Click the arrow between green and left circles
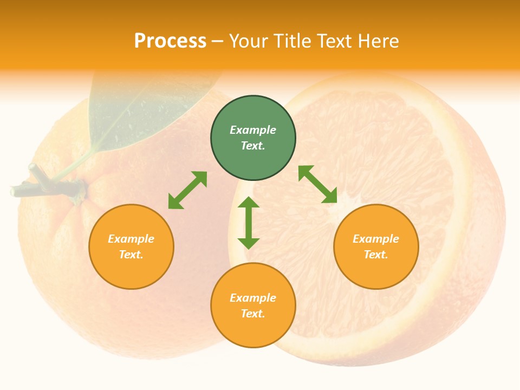(187, 190)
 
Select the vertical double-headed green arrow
(249, 223)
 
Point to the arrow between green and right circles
(318, 184)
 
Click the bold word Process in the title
(170, 41)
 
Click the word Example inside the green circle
(253, 130)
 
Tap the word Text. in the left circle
(131, 255)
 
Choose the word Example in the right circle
(376, 239)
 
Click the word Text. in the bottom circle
(253, 314)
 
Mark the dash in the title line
(218, 41)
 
